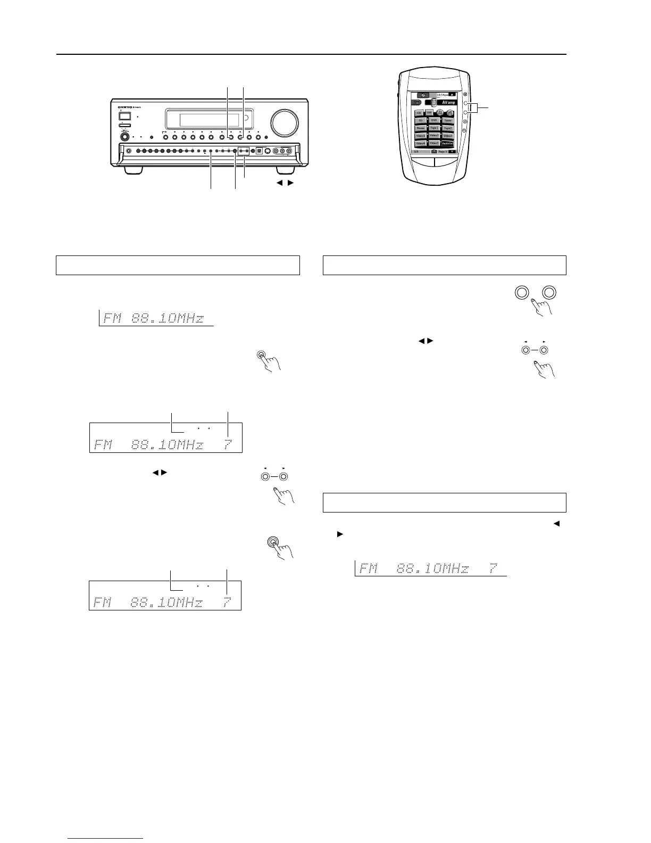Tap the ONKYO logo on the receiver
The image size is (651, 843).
pos(128,107)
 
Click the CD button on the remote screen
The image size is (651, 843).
pos(421,120)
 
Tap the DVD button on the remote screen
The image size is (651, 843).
pos(434,120)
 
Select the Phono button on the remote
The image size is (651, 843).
pos(421,128)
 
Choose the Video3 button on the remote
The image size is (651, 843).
pos(448,136)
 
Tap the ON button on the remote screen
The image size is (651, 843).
pos(419,113)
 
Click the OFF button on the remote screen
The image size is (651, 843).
pos(430,113)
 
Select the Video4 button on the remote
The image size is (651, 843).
pos(421,144)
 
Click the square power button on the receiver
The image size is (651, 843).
pos(125,116)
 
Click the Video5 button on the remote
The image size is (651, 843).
pos(434,144)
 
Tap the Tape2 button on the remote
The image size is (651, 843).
pos(448,128)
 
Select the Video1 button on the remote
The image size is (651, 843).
pos(421,136)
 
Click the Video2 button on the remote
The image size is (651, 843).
pos(434,136)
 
